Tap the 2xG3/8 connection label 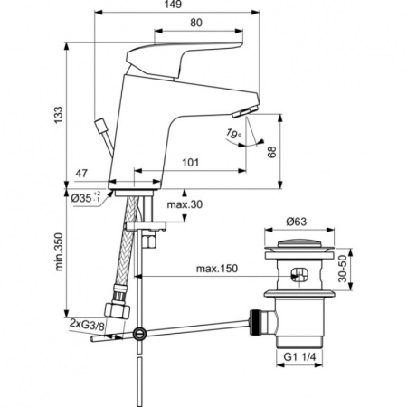click(86, 323)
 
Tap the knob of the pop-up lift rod click(99, 121)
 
